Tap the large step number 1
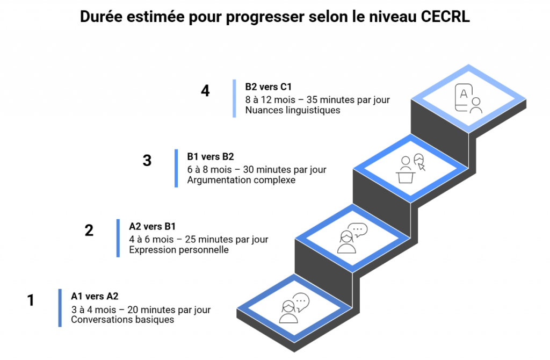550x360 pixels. coord(31,300)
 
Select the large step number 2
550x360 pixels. coord(89,230)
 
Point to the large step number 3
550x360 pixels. coord(147,160)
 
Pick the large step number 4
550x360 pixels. coord(205,90)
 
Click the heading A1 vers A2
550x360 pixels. coord(95,296)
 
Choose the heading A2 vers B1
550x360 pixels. coord(153,226)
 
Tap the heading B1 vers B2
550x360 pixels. coord(211,156)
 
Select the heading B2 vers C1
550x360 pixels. coord(269,87)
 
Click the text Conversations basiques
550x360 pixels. coord(122,320)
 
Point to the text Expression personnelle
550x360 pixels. coord(179,250)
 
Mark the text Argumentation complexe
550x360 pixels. coord(241,180)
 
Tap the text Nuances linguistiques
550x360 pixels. coord(293,110)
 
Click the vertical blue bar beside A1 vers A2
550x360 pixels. coord(60,308)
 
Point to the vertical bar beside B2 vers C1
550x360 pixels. coord(234,98)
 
